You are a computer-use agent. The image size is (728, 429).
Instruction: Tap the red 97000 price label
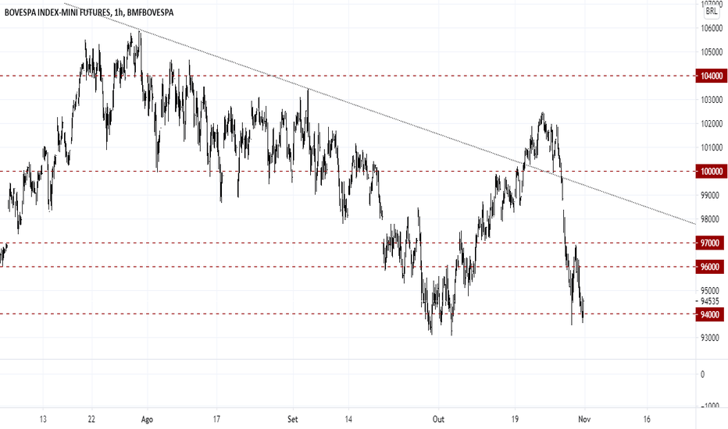pyautogui.click(x=710, y=243)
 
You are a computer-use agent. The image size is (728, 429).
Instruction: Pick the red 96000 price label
pyautogui.click(x=710, y=267)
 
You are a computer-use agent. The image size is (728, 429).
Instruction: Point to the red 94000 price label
pyautogui.click(x=710, y=314)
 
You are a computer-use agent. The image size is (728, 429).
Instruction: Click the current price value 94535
pyautogui.click(x=710, y=301)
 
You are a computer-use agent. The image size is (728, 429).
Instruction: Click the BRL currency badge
pyautogui.click(x=712, y=11)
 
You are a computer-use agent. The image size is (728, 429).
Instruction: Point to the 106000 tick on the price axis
pyautogui.click(x=712, y=28)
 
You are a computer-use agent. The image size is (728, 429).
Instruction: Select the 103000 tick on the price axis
pyautogui.click(x=712, y=100)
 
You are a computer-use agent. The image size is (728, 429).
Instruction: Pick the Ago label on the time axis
pyautogui.click(x=147, y=420)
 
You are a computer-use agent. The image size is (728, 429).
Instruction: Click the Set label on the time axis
pyautogui.click(x=292, y=420)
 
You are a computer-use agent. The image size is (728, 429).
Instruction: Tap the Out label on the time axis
pyautogui.click(x=438, y=420)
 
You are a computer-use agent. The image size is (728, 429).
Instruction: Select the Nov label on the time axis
pyautogui.click(x=584, y=420)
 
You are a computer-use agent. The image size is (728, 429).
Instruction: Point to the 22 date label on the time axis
pyautogui.click(x=91, y=420)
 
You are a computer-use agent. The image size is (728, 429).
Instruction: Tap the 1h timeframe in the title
pyautogui.click(x=118, y=13)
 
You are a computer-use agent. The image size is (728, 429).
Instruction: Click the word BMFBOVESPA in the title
pyautogui.click(x=149, y=12)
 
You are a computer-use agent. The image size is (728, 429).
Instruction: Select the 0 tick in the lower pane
pyautogui.click(x=702, y=374)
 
